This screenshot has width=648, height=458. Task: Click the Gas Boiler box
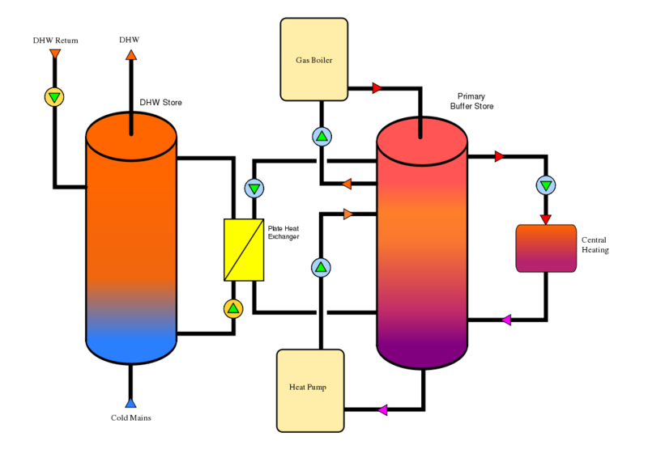314,59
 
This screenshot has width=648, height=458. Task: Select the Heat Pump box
310,391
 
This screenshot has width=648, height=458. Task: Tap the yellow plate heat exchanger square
244,250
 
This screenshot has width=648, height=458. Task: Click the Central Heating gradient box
546,248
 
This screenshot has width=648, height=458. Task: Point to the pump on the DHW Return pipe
54,97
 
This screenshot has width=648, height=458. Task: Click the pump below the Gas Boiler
322,136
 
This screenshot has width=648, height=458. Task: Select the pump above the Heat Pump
321,268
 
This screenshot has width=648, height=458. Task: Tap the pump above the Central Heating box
546,185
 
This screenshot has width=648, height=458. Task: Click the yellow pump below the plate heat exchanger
233,308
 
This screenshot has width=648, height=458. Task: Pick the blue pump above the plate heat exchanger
254,189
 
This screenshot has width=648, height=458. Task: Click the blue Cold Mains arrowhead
130,403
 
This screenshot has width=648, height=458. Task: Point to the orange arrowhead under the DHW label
131,55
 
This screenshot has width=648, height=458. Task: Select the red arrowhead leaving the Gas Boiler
377,88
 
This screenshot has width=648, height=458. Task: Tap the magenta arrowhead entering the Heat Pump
382,409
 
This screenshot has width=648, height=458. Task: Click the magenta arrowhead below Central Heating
506,320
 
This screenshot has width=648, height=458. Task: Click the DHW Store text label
160,103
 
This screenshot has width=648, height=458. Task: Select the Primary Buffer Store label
471,101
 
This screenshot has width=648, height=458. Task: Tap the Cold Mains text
131,418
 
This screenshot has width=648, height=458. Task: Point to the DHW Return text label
55,40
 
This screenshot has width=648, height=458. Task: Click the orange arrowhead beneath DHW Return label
55,53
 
